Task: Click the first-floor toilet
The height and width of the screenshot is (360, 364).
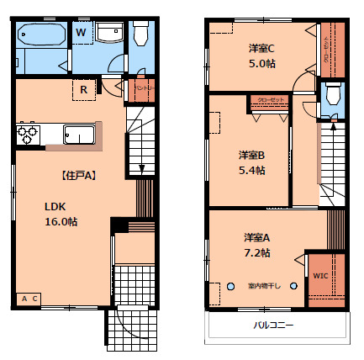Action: pyautogui.click(x=140, y=34)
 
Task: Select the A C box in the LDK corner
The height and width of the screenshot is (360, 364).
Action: pyautogui.click(x=29, y=299)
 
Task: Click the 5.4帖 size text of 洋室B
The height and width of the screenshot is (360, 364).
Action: pyautogui.click(x=251, y=170)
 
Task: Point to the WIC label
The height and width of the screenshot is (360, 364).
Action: pyautogui.click(x=321, y=276)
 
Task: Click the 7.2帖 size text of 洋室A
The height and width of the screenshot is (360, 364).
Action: pyautogui.click(x=256, y=251)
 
